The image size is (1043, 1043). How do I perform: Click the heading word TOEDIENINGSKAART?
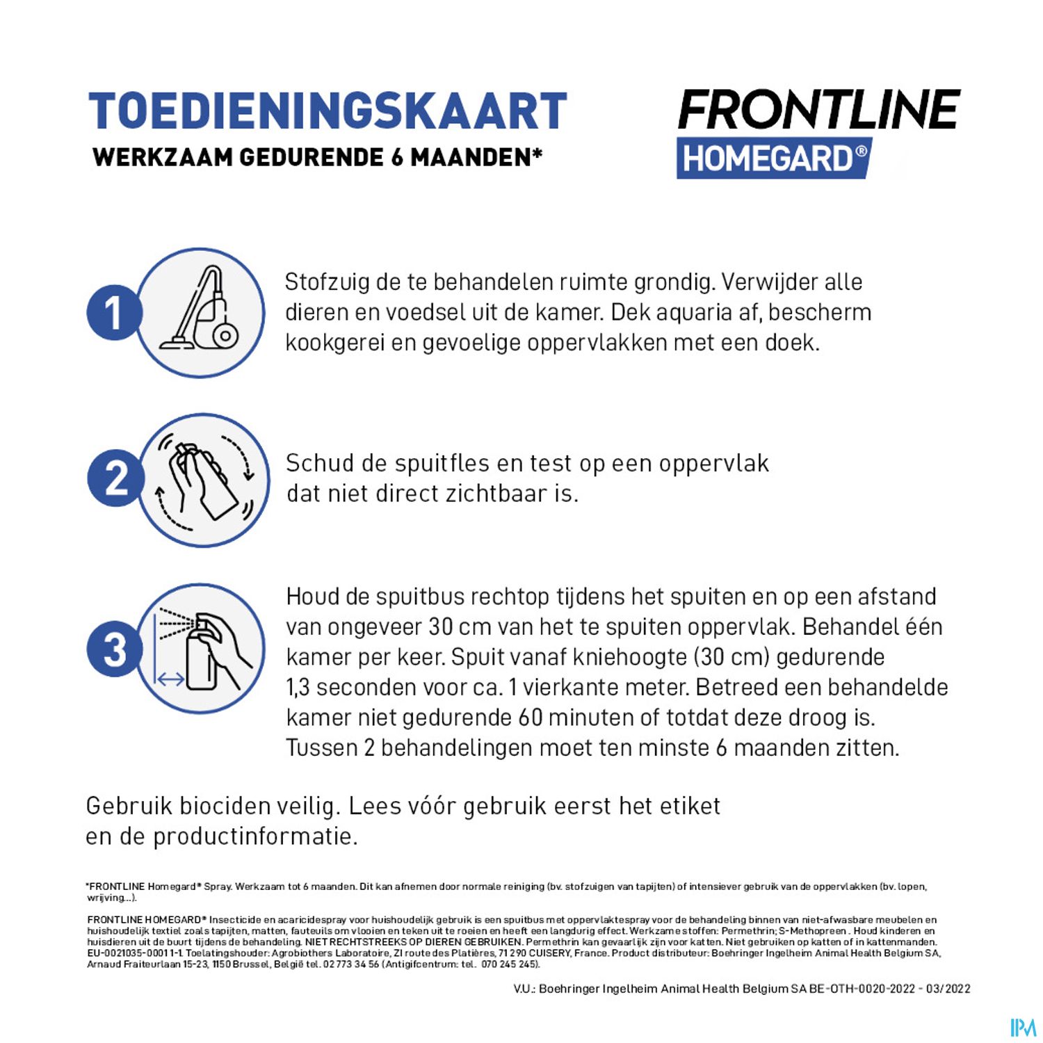click(328, 111)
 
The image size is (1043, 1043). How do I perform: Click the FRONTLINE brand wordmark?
click(819, 110)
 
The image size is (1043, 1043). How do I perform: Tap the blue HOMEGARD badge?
click(774, 159)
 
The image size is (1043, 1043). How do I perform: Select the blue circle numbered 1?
click(114, 313)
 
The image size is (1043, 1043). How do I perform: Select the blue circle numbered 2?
click(115, 479)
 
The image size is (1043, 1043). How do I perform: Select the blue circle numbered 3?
click(115, 649)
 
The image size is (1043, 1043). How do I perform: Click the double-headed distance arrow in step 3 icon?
click(171, 679)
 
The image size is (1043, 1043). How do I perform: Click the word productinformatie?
click(255, 836)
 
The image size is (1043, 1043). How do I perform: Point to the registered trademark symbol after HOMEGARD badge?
click(861, 150)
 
